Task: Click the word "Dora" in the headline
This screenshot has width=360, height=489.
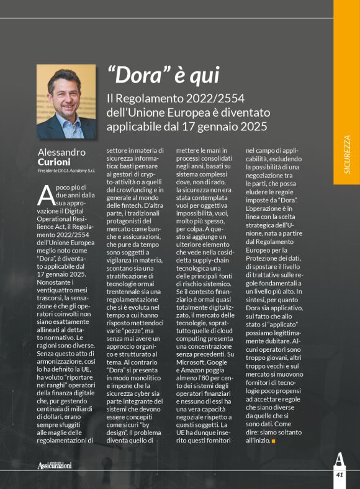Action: click(x=138, y=76)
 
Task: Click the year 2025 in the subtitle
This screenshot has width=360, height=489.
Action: click(x=253, y=127)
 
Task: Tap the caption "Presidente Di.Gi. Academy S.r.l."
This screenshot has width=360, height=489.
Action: click(x=66, y=171)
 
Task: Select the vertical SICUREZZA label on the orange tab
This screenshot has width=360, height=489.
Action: click(x=346, y=155)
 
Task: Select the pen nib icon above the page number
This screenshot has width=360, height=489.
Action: click(x=339, y=460)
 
